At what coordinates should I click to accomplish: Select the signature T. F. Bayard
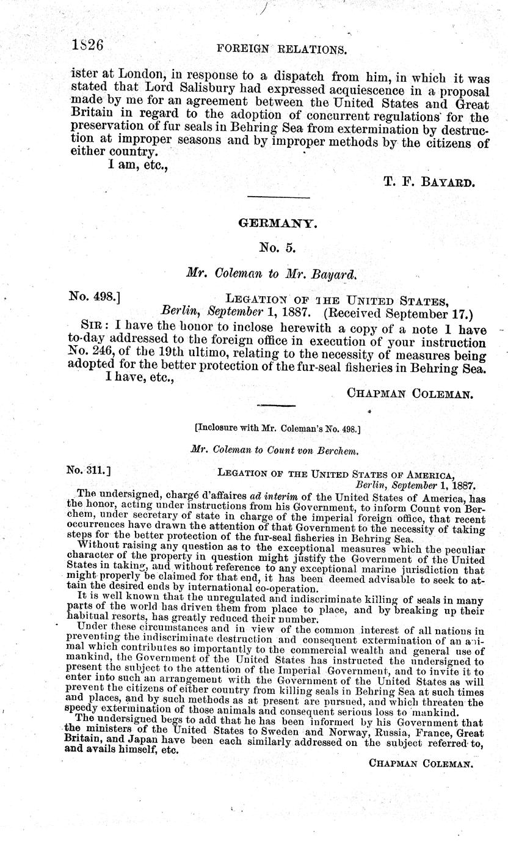tap(429, 182)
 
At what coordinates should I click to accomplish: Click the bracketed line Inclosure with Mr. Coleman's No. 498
tap(277, 428)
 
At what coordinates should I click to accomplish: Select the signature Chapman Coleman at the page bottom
tap(421, 762)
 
